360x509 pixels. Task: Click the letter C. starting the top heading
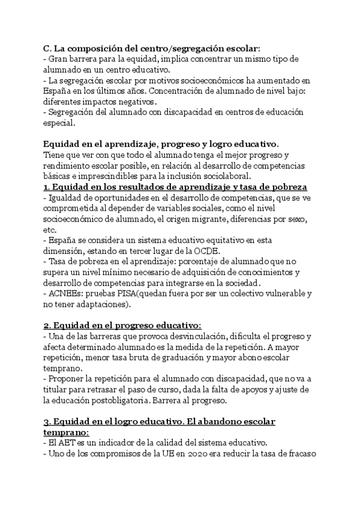tap(48, 47)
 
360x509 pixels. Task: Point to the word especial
tap(59, 124)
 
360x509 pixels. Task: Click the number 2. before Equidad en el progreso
tap(47, 327)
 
